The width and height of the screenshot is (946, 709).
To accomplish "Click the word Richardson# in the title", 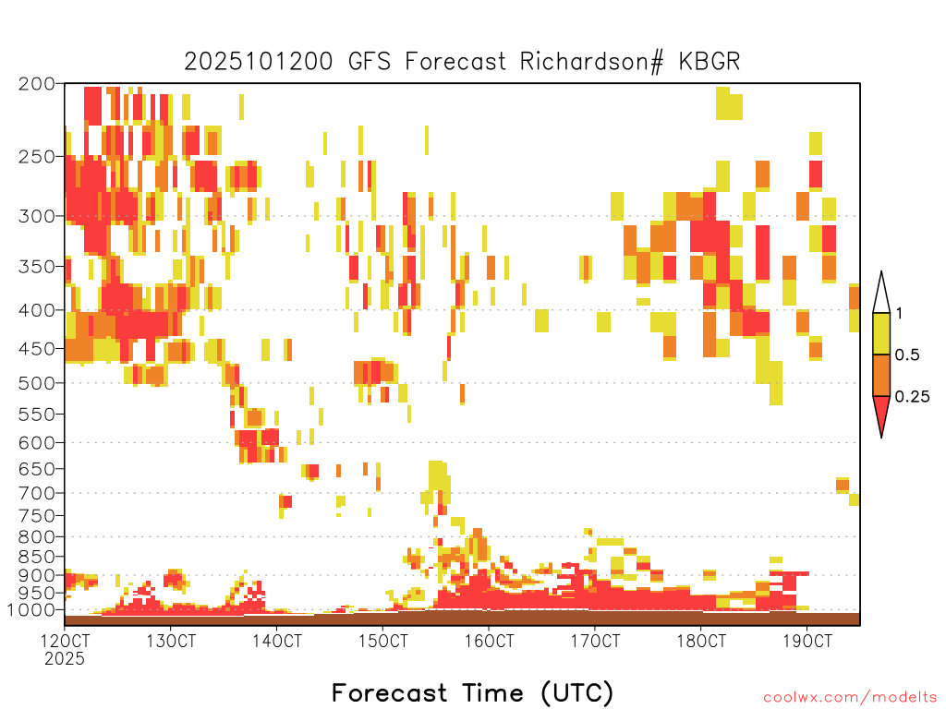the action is coord(591,62).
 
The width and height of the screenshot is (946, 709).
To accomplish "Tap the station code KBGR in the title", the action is coord(709,62).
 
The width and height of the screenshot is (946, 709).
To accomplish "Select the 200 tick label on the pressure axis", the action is coord(37,84).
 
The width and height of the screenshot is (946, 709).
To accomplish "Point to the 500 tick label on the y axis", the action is coord(37,383).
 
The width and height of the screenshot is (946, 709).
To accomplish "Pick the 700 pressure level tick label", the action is coord(37,493).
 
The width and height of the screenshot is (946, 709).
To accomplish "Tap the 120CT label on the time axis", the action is coord(65,641).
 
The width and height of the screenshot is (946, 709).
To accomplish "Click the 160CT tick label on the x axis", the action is coord(489,641).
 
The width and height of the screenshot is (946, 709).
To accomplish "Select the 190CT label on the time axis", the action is coord(807,641).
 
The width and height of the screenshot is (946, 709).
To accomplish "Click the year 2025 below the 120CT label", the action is coord(65,658).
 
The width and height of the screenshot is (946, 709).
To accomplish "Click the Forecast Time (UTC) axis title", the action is coord(472,692).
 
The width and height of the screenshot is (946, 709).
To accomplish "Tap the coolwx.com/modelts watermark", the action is coord(850,698).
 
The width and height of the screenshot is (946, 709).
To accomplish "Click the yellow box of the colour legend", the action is coord(881,333).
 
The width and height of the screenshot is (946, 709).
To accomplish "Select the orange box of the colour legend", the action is coord(881,375).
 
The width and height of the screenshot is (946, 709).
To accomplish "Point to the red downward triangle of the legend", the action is coord(881,412).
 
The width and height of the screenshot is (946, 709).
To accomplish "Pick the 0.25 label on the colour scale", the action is coord(912,397).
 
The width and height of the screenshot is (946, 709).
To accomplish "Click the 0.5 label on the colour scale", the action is coord(907,354).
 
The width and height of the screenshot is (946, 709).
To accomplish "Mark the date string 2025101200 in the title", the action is coord(259,62).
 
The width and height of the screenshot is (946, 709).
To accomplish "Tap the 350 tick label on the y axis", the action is coord(37,267).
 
